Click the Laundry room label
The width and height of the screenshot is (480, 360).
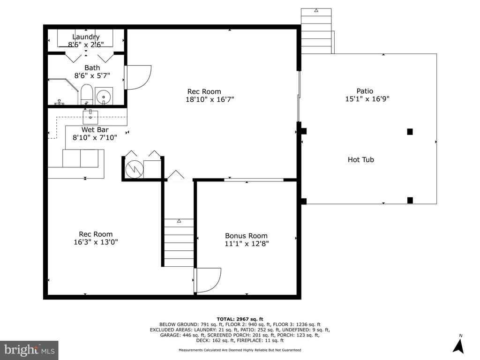coord(86,37)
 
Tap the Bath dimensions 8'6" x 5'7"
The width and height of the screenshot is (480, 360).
coord(92,75)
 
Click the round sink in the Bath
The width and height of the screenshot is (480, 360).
coord(104,97)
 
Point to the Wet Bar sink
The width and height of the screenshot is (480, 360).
coord(90,117)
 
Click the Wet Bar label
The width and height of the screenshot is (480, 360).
coord(95,129)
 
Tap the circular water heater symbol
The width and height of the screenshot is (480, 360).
coord(135,169)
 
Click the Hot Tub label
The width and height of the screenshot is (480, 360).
coord(361,159)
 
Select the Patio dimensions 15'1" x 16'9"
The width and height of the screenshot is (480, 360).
coord(367,99)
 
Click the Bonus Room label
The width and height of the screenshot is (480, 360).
coord(246,236)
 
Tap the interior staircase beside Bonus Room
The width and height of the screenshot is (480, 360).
coord(179,242)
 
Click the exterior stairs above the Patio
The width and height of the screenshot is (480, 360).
coord(316,31)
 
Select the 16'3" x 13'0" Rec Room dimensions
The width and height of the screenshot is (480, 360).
coord(96,242)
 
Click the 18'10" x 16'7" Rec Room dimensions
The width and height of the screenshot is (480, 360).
coord(210,99)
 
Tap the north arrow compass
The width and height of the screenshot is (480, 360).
coord(458,346)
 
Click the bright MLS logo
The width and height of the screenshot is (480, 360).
coord(30,350)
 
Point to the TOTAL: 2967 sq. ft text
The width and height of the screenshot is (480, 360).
coord(240,319)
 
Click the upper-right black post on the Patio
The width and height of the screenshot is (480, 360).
coord(410,132)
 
